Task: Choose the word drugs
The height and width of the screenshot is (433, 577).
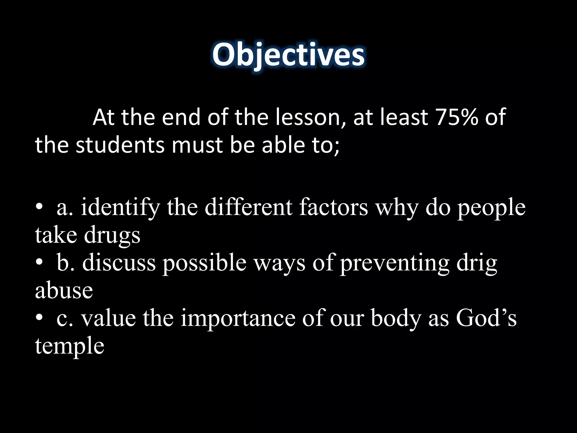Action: [x=112, y=235]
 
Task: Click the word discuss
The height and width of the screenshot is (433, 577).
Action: [x=119, y=263]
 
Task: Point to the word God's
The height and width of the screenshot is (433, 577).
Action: [x=486, y=318]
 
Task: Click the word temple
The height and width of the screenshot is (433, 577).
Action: [x=70, y=346]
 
